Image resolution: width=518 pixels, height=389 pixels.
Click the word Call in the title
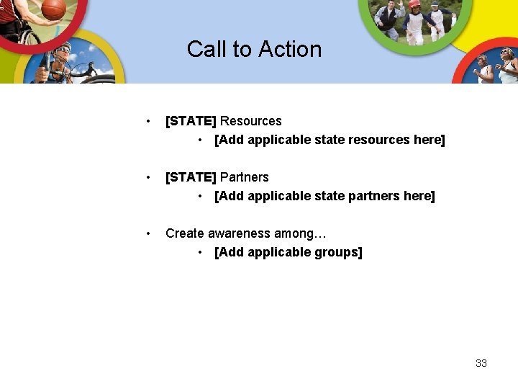(x=204, y=49)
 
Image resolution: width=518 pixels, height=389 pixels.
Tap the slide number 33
(x=481, y=363)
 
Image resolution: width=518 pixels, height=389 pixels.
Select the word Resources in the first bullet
(x=250, y=121)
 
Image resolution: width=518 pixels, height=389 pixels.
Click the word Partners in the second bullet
(x=244, y=177)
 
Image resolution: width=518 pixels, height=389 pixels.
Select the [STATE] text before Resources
(x=191, y=121)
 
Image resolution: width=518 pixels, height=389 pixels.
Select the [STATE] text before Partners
(x=191, y=177)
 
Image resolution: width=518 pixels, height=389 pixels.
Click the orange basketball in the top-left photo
(x=54, y=9)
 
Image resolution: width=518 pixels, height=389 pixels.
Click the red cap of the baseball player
(x=414, y=4)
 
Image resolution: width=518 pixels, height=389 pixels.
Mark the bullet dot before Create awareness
(x=147, y=233)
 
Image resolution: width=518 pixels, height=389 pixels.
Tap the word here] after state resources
(x=430, y=140)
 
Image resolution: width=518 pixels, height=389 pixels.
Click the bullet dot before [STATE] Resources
(x=147, y=121)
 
